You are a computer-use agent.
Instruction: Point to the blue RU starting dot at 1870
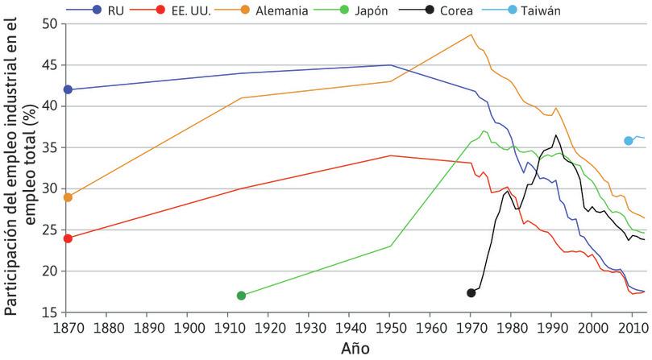click(68, 89)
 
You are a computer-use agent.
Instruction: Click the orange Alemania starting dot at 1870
click(68, 197)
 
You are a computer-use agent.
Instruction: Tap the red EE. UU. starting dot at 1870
click(68, 238)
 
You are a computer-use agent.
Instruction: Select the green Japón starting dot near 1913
click(241, 296)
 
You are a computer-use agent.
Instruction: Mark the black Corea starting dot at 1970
click(471, 292)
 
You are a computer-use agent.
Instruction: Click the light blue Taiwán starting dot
click(629, 141)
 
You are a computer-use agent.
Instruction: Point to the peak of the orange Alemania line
click(471, 35)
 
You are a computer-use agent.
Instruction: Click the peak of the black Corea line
click(556, 135)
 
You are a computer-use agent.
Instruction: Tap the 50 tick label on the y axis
click(49, 24)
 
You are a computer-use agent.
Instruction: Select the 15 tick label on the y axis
click(49, 312)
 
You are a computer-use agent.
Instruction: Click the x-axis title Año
click(356, 349)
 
